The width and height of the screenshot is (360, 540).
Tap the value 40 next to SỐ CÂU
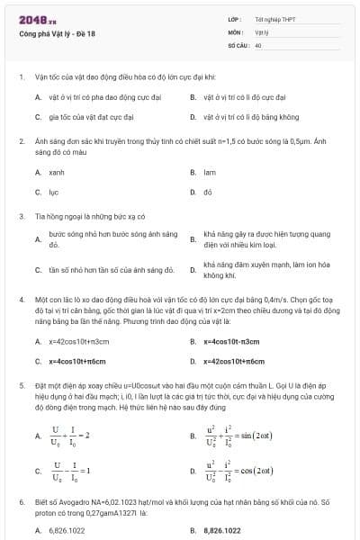pyautogui.click(x=258, y=44)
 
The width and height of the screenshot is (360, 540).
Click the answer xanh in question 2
pyautogui.click(x=57, y=171)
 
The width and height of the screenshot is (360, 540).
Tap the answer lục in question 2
pyautogui.click(x=53, y=192)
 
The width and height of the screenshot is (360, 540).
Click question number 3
pyautogui.click(x=21, y=216)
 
